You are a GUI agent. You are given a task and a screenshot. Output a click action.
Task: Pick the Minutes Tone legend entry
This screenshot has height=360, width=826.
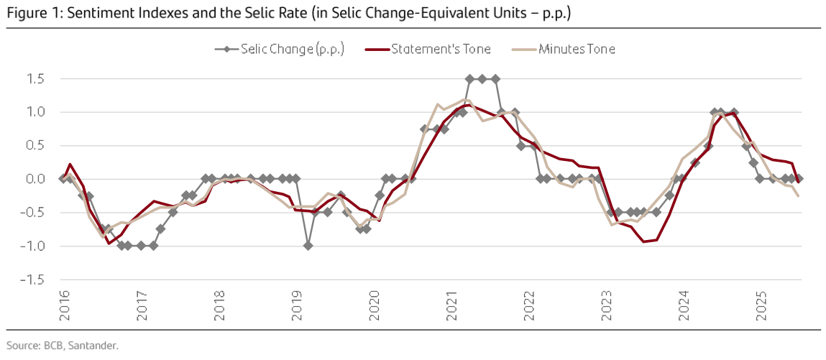point(577,49)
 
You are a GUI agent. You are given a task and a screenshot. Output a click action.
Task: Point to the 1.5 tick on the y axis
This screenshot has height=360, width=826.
point(35,78)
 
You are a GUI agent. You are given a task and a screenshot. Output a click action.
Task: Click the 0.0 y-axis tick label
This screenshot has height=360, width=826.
point(35,179)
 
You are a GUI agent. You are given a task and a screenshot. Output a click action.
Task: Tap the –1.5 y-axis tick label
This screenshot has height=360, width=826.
point(33,280)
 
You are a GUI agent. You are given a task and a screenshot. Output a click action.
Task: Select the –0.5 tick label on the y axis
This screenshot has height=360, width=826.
point(33,213)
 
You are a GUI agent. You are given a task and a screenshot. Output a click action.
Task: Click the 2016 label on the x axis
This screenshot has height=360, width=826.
point(63,305)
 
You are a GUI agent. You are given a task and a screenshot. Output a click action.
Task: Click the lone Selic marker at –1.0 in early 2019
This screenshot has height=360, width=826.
point(308,246)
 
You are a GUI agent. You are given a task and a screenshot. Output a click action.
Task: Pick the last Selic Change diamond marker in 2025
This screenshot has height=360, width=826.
point(799,178)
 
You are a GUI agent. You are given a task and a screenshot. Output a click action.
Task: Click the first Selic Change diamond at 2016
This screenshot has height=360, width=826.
point(63,178)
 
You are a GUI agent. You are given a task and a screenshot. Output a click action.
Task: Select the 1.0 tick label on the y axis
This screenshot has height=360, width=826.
point(35,112)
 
